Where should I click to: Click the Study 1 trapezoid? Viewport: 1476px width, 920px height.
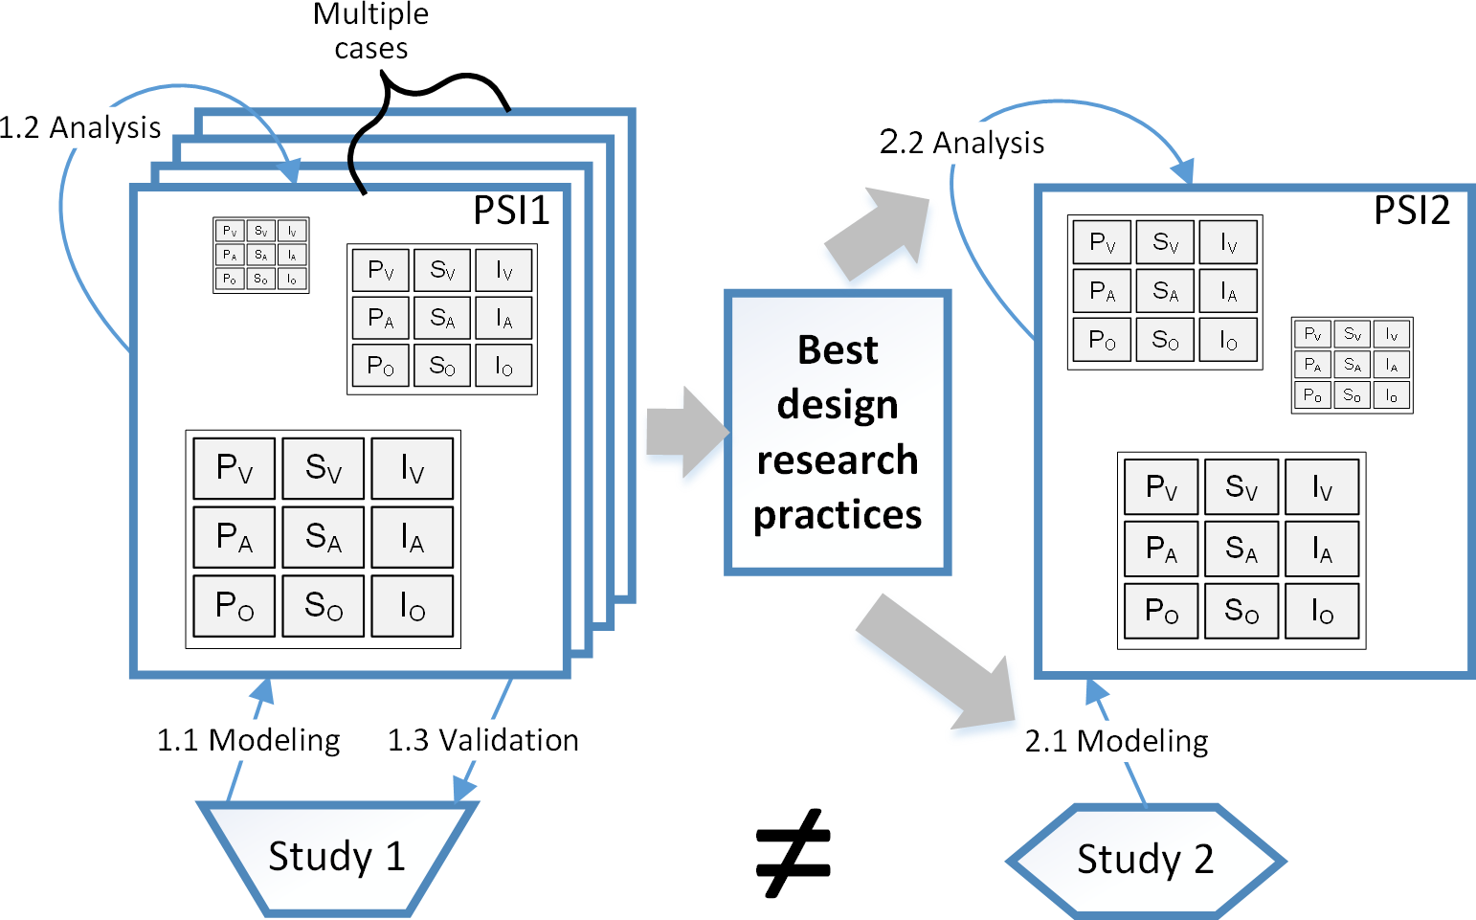click(x=337, y=856)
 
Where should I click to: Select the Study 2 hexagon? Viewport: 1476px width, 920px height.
click(x=1145, y=859)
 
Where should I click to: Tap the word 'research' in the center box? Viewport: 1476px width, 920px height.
click(x=838, y=460)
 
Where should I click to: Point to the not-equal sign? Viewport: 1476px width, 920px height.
click(x=794, y=853)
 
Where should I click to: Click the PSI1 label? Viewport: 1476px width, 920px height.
click(x=511, y=211)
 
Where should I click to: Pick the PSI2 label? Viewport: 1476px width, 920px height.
click(x=1412, y=211)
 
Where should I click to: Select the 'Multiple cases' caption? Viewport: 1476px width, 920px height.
click(x=371, y=31)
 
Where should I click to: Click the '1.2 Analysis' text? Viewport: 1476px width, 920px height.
click(x=80, y=127)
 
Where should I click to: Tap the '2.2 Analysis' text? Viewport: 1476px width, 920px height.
click(x=962, y=143)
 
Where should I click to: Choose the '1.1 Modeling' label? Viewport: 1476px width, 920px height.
click(x=249, y=740)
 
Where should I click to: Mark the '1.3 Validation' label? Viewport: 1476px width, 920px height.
click(x=483, y=740)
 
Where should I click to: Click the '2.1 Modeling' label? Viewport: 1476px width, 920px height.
click(x=1117, y=741)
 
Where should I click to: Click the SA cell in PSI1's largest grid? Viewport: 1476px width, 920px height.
click(x=324, y=538)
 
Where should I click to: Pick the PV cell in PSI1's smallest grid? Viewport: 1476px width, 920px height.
click(x=230, y=231)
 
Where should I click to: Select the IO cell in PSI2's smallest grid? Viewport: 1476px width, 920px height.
click(x=1392, y=395)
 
